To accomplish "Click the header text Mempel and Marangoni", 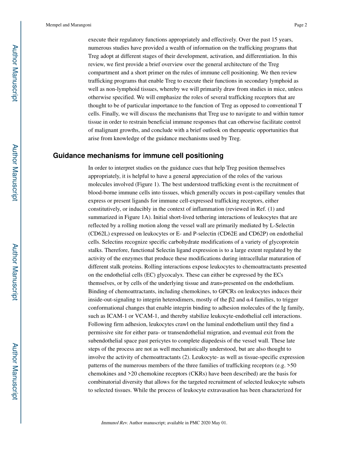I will (x=68, y=25).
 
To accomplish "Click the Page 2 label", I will (x=300, y=25).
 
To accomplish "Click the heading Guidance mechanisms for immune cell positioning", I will (x=138, y=156).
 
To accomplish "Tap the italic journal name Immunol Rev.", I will (x=114, y=423).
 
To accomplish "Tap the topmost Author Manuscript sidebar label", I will (x=14, y=73).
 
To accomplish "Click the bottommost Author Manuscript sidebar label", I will (x=14, y=371).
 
